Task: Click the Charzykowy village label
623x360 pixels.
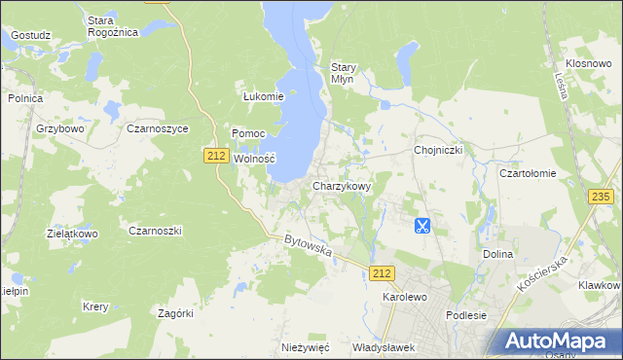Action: click(x=342, y=186)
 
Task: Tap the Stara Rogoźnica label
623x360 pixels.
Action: click(x=113, y=26)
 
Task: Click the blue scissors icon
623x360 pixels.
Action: click(x=421, y=226)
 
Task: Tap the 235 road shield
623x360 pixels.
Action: click(x=601, y=197)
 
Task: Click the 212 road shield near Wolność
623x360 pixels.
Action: click(x=216, y=155)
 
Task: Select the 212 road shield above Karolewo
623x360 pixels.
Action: click(x=383, y=274)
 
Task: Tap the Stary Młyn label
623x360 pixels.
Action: click(x=345, y=73)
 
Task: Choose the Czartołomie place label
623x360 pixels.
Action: click(x=528, y=173)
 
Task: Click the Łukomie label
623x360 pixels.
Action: click(x=263, y=96)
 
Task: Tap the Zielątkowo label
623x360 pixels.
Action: click(x=73, y=234)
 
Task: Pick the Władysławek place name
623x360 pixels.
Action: click(x=384, y=347)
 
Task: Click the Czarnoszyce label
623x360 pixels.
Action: click(x=158, y=127)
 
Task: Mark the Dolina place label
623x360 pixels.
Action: click(x=497, y=254)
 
